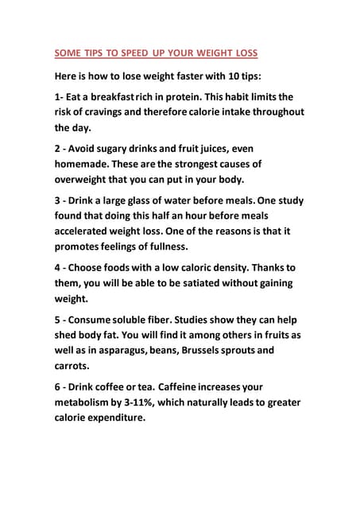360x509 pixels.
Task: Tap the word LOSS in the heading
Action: click(x=242, y=55)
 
